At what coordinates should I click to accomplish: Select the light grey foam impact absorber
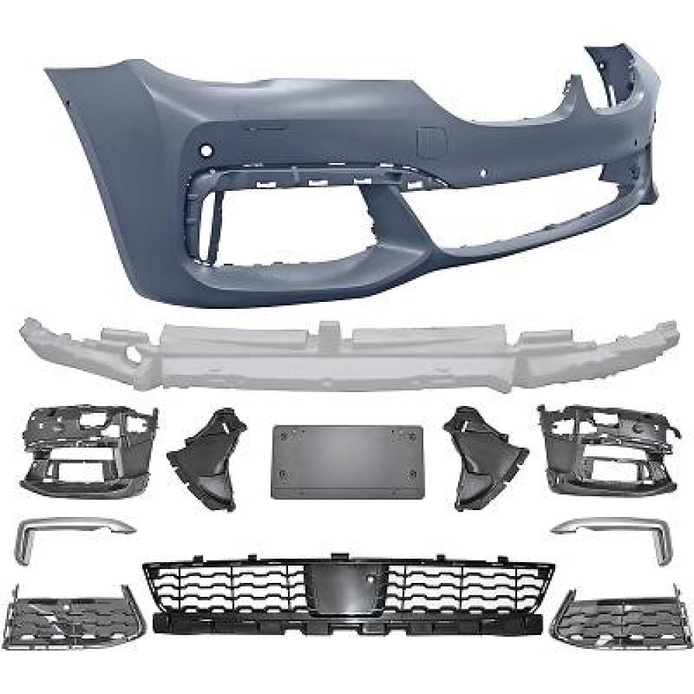coord(347,354)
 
